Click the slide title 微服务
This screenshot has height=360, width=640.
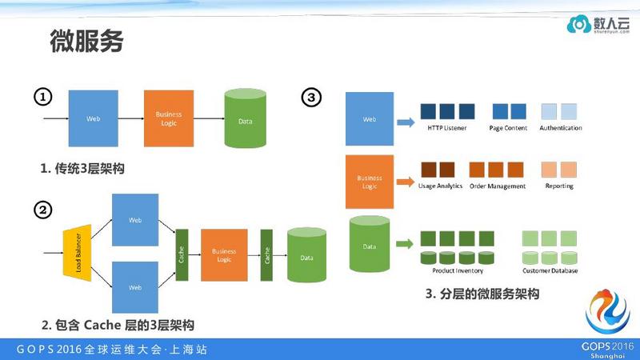[x=86, y=41]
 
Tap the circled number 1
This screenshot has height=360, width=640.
[x=42, y=98]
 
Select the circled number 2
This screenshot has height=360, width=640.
[x=42, y=210]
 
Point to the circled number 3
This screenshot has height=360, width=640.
[x=311, y=98]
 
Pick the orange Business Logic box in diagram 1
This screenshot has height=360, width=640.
[x=169, y=118]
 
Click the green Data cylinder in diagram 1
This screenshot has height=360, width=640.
[x=246, y=120]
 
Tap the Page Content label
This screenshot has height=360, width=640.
[x=509, y=128]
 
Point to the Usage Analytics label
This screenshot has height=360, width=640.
[x=440, y=186]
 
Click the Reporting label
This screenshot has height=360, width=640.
[x=558, y=186]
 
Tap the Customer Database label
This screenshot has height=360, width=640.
[x=550, y=270]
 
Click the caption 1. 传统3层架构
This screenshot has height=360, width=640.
[x=83, y=169]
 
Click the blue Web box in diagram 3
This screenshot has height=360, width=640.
[x=369, y=119]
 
